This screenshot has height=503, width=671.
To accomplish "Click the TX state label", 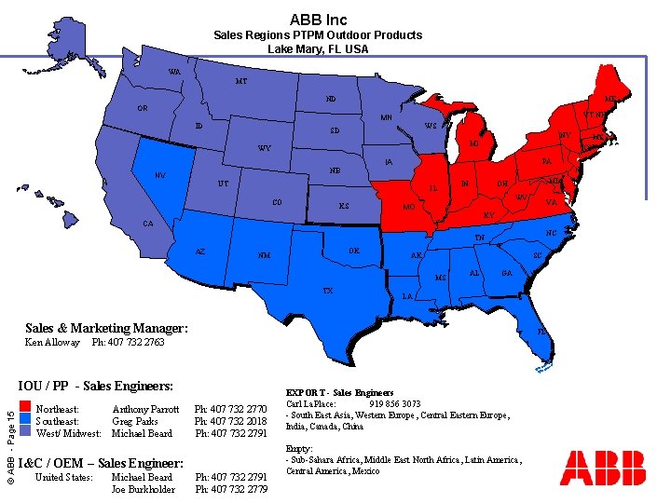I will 328,290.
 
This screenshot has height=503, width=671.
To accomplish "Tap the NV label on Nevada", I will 160,174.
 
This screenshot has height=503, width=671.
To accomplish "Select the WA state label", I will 174,72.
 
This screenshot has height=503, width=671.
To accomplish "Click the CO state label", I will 277,202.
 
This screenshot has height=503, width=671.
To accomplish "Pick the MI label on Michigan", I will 473,144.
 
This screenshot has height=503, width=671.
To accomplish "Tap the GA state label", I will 507,273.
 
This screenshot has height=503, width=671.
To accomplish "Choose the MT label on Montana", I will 241,81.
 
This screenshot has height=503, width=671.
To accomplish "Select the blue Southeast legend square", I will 24,420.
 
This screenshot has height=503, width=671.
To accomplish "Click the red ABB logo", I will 603,468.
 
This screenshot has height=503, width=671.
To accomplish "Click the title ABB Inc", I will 318,19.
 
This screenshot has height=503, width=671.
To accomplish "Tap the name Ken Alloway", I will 53,343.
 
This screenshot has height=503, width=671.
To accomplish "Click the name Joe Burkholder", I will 144,489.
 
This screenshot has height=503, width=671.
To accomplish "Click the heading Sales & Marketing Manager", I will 106,328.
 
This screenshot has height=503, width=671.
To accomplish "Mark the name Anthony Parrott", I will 145,409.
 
